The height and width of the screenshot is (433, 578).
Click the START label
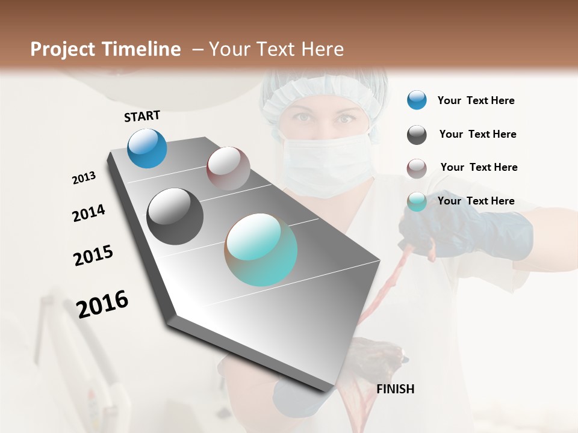coord(142,116)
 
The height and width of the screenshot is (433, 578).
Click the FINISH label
coord(395,389)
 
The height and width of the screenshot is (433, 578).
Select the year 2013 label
coord(84,178)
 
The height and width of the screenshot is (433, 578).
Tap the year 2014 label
coord(89,213)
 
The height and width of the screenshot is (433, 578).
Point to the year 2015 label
coord(93,256)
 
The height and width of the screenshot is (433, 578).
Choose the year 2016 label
coord(102,304)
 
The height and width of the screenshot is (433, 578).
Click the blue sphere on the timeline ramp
coord(148,148)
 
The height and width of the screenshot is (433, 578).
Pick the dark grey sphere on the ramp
coord(175,216)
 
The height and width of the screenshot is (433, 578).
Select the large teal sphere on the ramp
coord(261,250)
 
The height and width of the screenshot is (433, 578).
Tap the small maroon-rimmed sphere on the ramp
coord(228,168)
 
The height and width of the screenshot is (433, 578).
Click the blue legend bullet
coord(417,100)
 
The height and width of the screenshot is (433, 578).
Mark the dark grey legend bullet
coord(417,135)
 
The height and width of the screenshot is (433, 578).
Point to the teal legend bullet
coord(417,201)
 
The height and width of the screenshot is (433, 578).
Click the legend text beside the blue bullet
coord(476,101)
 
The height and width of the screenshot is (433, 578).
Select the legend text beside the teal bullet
coord(476,201)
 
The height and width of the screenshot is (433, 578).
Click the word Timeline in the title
coord(141,49)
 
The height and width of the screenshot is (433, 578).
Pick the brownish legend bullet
coord(417,168)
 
